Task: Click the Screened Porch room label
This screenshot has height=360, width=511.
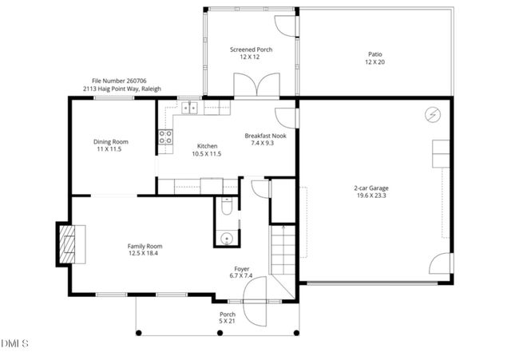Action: click(251, 53)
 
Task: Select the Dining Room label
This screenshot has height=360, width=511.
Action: click(111, 145)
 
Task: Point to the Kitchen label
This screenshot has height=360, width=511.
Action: click(207, 149)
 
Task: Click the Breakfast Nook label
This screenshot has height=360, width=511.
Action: click(265, 139)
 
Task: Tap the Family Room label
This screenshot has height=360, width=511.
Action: click(145, 249)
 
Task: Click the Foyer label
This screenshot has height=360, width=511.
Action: click(242, 271)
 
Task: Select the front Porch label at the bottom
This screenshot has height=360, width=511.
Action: click(228, 318)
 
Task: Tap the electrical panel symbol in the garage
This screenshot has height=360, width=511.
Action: click(433, 115)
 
